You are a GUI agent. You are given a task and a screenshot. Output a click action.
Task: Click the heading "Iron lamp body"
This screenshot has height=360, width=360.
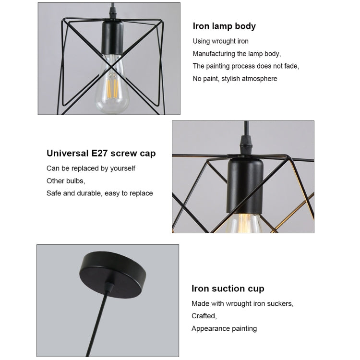coord(224,26)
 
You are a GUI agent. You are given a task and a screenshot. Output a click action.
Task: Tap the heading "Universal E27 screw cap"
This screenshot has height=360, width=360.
coord(101,153)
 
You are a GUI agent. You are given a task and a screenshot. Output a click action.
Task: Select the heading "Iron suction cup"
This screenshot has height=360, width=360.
coord(228,288)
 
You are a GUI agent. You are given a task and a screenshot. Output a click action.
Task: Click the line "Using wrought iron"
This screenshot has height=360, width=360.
coord(220,41)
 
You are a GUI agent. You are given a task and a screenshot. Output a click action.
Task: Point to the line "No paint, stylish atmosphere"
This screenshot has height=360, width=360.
coord(235,79)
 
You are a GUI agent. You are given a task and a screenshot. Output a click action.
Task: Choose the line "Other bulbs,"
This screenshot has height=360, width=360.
coord(66,181)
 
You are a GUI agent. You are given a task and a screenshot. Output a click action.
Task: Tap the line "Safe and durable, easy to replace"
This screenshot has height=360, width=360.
coord(100,193)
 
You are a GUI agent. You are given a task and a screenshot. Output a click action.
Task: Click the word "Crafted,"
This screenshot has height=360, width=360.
coord(204,316)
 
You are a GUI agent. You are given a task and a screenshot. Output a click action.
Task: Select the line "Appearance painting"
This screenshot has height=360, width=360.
coord(224,328)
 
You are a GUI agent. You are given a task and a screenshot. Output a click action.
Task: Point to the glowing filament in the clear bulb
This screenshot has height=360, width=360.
coord(112,85)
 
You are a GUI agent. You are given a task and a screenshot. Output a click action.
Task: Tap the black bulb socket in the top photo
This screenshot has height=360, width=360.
coord(112,38)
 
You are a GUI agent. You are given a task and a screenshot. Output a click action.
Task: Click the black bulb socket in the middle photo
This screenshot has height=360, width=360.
coord(245,186)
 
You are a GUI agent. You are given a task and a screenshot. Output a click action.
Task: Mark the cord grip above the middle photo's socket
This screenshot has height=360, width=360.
coord(246,144)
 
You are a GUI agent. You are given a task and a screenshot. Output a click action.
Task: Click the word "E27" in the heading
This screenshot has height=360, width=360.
coord(99,153)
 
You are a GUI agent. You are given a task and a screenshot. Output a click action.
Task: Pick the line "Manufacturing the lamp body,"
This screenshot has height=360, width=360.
coord(237,54)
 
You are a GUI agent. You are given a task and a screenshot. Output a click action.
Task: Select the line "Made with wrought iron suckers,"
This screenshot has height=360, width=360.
coord(242,303)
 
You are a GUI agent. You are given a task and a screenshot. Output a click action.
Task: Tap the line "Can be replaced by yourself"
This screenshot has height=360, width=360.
coord(91,168)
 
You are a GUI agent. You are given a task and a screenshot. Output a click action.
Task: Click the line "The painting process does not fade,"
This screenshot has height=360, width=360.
coord(246,66)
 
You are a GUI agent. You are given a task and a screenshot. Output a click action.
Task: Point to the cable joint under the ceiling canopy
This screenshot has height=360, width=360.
coord(109,287)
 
